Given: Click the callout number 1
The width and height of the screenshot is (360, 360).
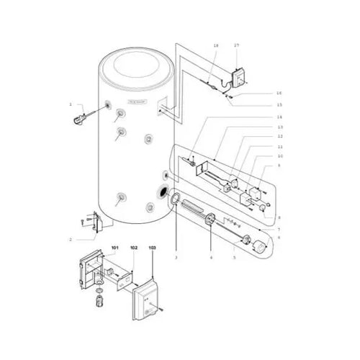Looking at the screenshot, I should click(71, 104).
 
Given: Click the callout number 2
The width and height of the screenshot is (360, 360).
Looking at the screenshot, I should click(71, 238).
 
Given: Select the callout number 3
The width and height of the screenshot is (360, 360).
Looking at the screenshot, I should click(176, 256).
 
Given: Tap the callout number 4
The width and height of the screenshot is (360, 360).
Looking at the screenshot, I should click(210, 256).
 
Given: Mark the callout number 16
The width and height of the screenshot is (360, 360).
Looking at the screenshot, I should click(279, 93).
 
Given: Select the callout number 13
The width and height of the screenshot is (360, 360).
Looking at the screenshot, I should click(279, 127).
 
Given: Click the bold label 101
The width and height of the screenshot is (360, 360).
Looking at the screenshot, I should click(114, 248).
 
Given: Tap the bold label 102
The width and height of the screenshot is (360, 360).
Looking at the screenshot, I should click(133, 248).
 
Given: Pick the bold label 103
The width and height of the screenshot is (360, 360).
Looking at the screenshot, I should click(152, 248).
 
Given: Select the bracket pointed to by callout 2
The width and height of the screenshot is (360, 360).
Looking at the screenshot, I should click(94, 222).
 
